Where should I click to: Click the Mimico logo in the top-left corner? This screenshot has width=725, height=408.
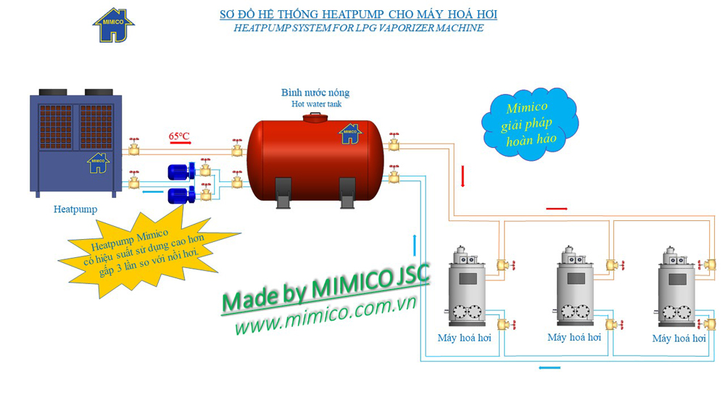113,25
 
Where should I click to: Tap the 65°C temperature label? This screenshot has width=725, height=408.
179,136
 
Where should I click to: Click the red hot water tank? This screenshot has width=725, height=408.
315,161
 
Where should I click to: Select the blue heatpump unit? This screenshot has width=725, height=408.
75,144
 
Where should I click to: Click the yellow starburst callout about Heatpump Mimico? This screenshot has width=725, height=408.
149,250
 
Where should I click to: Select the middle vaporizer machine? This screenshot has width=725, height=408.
573,289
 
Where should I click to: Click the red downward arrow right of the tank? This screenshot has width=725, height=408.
463,176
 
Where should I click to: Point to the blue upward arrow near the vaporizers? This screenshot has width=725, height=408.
415,245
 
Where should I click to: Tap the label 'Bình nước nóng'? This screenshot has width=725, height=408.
315,93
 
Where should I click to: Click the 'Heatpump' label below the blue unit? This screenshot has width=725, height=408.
75,209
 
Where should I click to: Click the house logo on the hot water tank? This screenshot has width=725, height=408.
350,133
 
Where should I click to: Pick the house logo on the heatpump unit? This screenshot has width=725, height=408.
98,162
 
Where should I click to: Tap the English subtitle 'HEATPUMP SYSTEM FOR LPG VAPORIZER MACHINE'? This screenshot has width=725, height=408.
359,28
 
